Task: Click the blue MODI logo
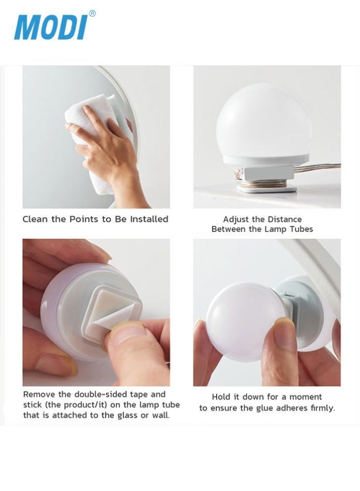click(50, 27)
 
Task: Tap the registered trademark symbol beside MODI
click(93, 13)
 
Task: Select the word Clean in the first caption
click(35, 219)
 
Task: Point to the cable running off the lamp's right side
click(323, 167)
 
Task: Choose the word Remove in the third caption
click(39, 395)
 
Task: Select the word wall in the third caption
click(160, 415)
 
